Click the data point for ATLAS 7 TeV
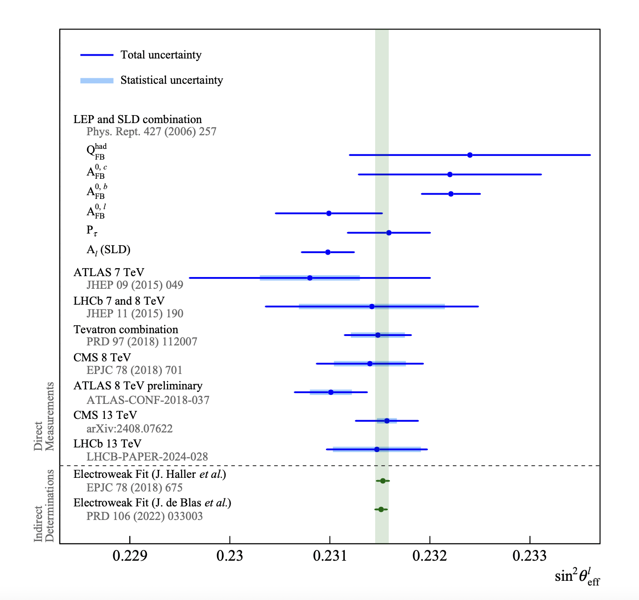(310, 278)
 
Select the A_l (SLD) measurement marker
(328, 252)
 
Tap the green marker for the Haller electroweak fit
(383, 481)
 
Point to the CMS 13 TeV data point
(387, 421)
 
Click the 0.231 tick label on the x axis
(330, 556)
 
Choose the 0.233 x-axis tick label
(530, 556)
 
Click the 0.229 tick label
(130, 556)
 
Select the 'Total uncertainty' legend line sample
(97, 55)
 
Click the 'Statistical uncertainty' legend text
(172, 80)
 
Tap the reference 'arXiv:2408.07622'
(130, 429)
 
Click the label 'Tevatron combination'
(126, 329)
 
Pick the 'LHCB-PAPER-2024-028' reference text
(147, 457)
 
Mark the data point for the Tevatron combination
(378, 335)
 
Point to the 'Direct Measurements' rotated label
(44, 417)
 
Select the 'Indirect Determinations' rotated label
(44, 505)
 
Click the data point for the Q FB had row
(470, 155)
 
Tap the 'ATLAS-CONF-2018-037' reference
(148, 400)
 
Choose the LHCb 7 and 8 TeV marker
(372, 307)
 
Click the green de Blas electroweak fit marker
(381, 509)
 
